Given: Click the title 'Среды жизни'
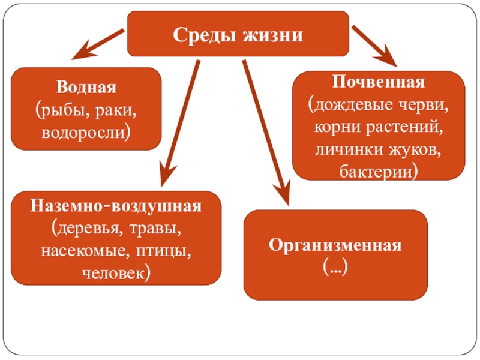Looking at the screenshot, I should [x=238, y=34].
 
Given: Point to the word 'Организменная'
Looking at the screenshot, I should [x=335, y=245].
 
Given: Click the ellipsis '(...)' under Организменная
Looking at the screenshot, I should [x=335, y=265].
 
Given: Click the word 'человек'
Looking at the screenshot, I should [x=115, y=273].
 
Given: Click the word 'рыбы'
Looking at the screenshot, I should [x=67, y=110].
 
